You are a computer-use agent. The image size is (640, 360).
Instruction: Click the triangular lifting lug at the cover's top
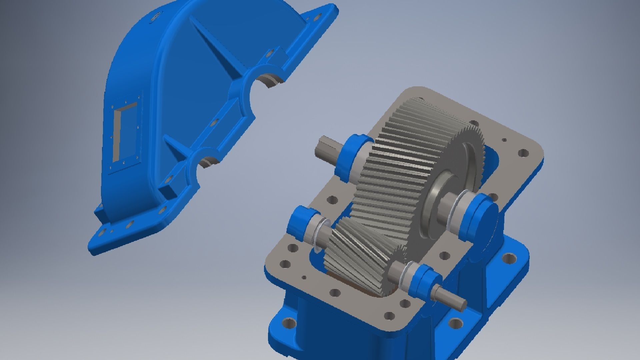(320, 17)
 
